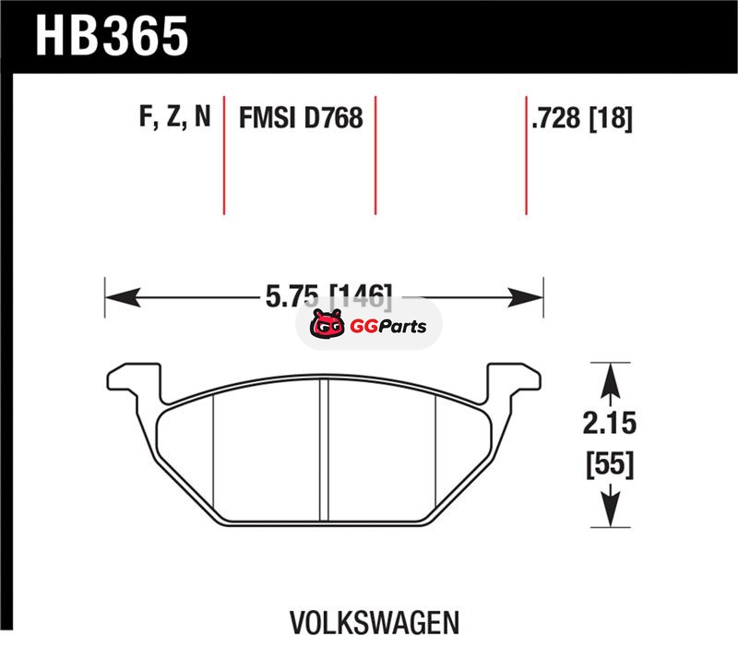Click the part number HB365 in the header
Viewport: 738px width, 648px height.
tap(112, 36)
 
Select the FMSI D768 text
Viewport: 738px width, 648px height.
tap(302, 117)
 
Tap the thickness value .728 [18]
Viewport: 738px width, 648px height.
tap(582, 118)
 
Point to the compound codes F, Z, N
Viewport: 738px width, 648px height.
tap(174, 116)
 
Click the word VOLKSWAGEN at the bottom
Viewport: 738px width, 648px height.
tap(375, 623)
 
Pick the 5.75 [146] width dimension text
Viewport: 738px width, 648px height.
tap(328, 296)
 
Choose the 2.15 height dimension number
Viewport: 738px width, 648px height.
tap(610, 423)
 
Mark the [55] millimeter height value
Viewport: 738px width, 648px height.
tap(610, 464)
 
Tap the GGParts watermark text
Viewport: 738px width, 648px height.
tap(388, 327)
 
